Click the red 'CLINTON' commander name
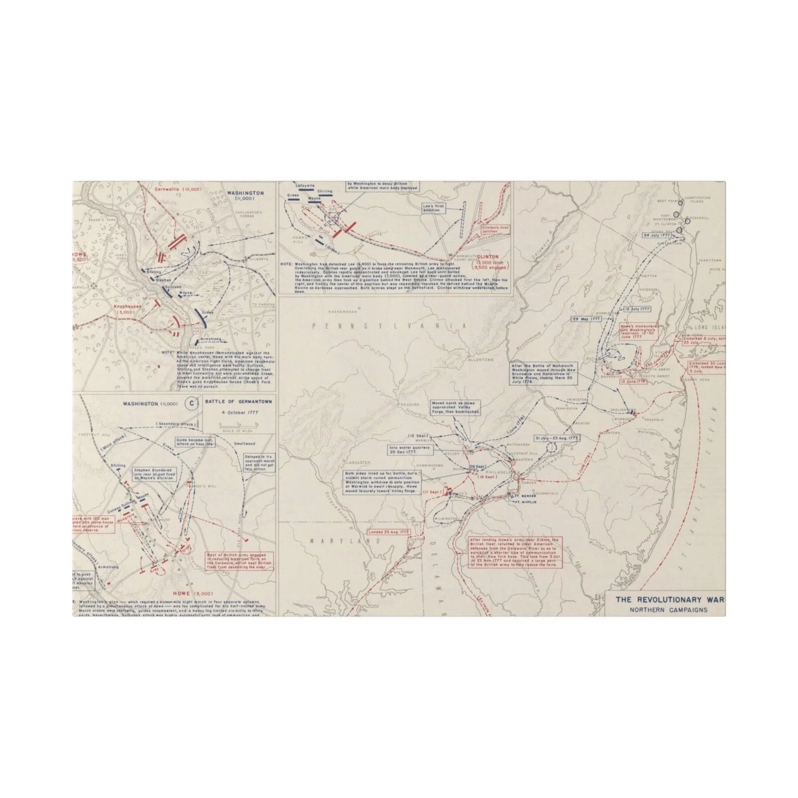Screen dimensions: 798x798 point(489,257)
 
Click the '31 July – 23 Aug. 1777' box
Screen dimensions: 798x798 point(556,438)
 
